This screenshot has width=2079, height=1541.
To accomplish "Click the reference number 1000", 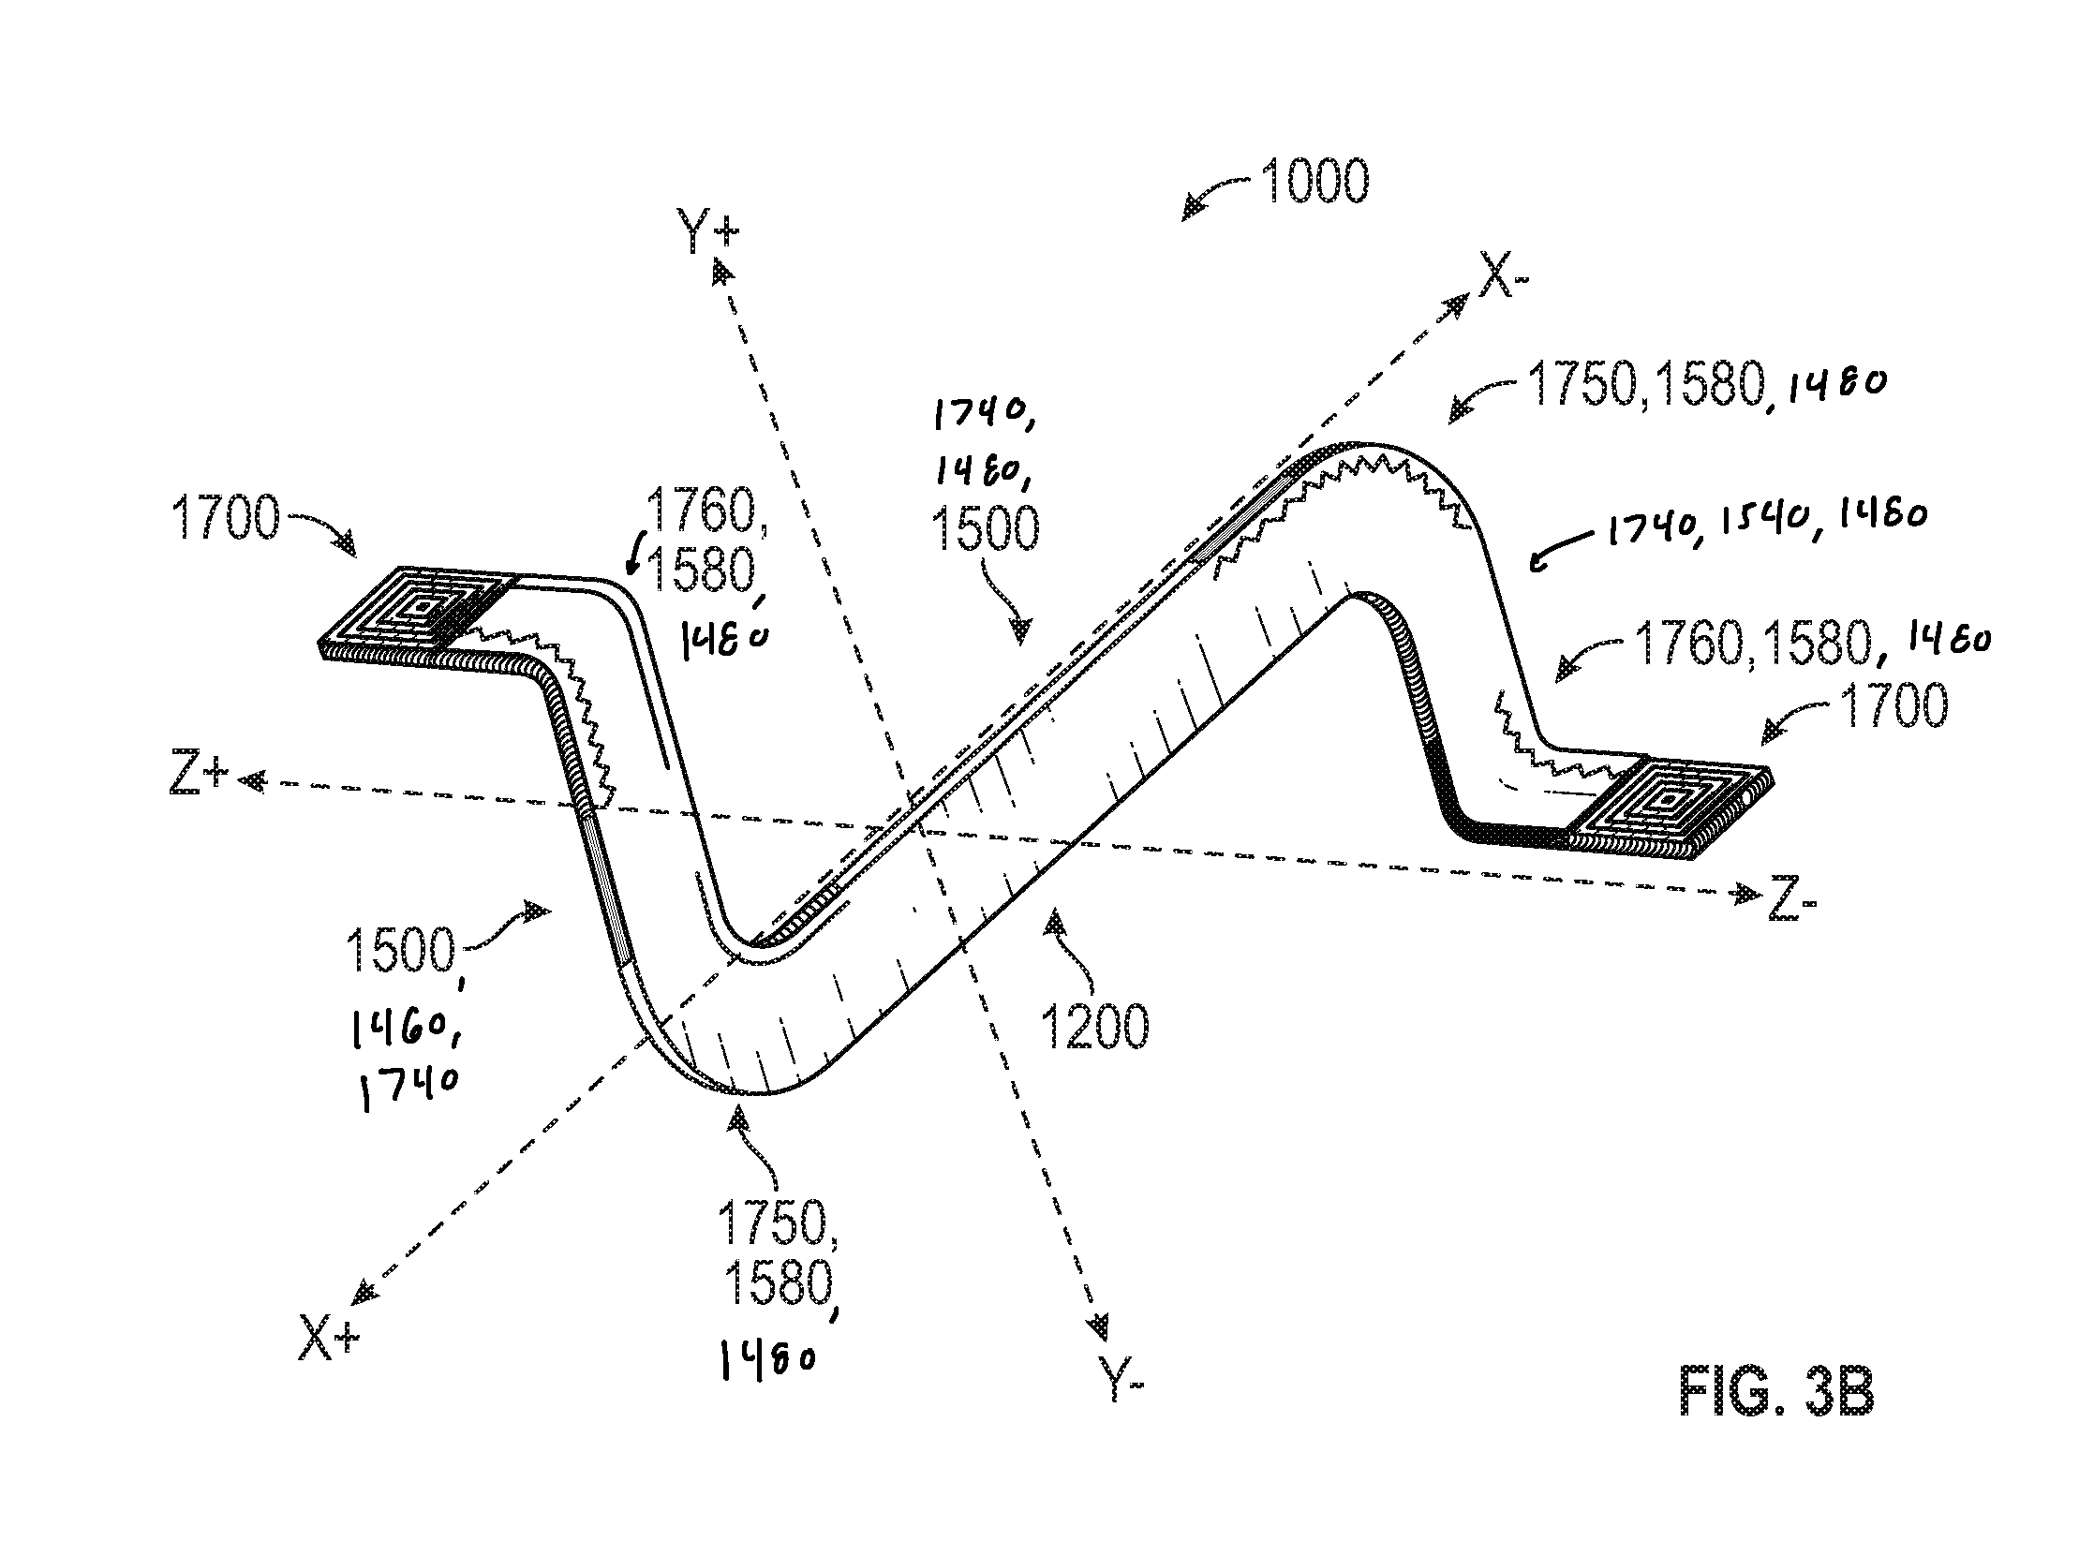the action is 1314,181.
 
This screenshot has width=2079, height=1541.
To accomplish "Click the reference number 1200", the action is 1093,1027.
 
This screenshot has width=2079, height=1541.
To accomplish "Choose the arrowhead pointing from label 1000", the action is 1194,209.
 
